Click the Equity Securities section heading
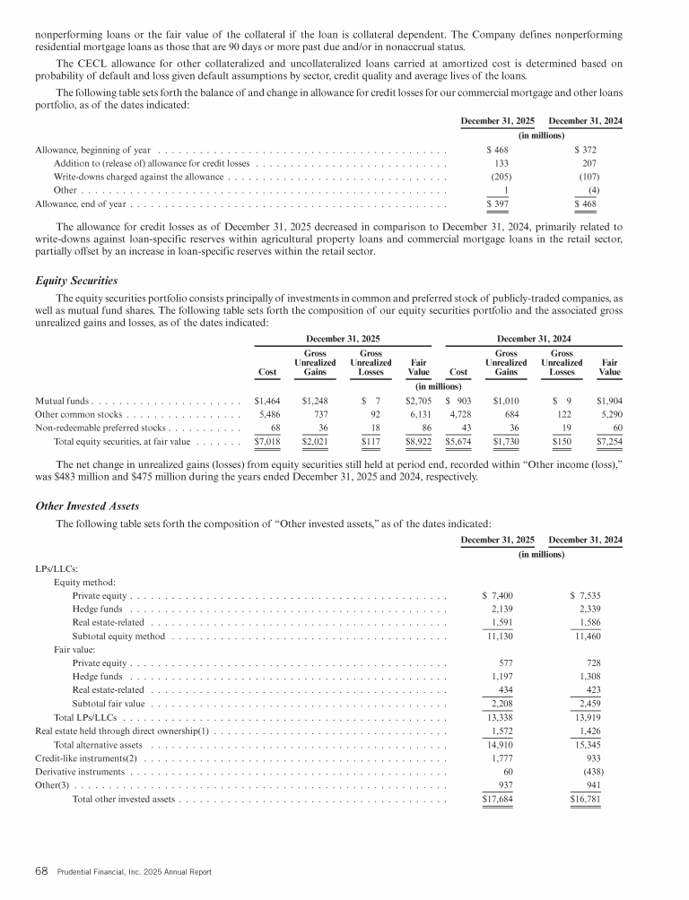pyautogui.click(x=69, y=281)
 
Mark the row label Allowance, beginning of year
pyautogui.click(x=92, y=148)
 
